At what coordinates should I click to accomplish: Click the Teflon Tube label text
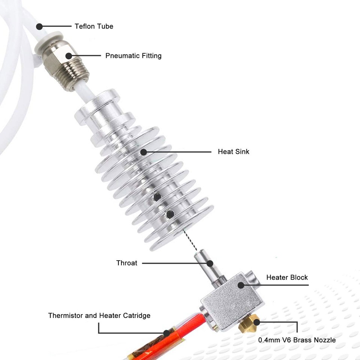click(94, 26)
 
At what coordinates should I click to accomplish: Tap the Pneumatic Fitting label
click(133, 56)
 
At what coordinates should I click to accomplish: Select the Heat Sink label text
click(233, 152)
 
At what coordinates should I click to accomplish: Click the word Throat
click(127, 263)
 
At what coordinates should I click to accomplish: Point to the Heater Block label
click(287, 277)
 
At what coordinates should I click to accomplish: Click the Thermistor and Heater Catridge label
click(99, 315)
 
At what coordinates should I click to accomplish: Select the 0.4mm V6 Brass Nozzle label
click(297, 340)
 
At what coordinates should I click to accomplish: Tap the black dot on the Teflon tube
click(39, 26)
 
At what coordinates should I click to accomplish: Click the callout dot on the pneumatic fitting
click(68, 56)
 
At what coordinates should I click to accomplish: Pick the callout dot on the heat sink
click(144, 152)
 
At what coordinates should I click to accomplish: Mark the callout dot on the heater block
click(240, 285)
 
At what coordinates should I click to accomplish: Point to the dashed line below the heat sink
click(190, 240)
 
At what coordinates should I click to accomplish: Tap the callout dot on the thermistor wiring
click(166, 333)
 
